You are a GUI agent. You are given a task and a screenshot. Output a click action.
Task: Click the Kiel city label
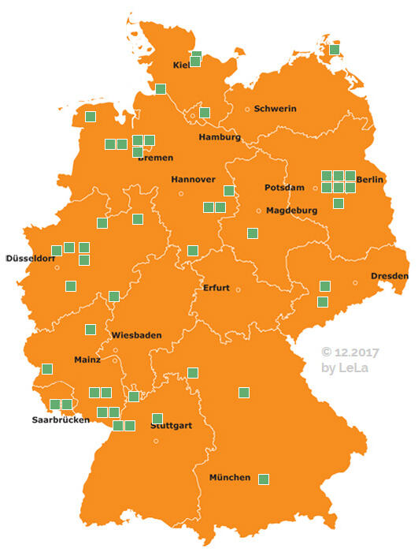tap(181, 65)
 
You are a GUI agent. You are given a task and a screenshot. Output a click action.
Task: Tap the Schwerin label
tap(275, 109)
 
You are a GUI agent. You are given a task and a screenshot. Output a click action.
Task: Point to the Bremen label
tap(155, 158)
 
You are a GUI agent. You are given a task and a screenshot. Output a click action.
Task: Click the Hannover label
tap(193, 180)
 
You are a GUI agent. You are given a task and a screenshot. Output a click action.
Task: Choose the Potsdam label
tap(284, 188)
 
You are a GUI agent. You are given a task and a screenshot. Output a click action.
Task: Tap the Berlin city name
tap(370, 181)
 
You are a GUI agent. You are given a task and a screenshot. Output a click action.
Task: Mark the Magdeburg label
tap(291, 211)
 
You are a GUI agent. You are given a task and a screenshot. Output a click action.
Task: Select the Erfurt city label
tap(216, 288)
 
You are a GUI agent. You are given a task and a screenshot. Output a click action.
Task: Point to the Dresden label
tap(390, 276)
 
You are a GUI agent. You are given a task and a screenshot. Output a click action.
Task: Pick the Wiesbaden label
tap(136, 335)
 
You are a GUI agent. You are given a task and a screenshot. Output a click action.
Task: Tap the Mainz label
tap(87, 360)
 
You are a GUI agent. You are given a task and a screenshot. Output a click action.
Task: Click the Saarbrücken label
tap(61, 420)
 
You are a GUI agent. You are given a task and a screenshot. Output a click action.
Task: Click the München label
tap(230, 478)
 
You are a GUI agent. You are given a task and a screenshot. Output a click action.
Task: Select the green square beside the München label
tap(264, 479)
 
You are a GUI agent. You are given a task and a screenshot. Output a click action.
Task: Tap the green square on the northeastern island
tap(335, 50)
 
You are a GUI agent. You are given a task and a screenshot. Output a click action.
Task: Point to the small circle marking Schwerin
tap(247, 109)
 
